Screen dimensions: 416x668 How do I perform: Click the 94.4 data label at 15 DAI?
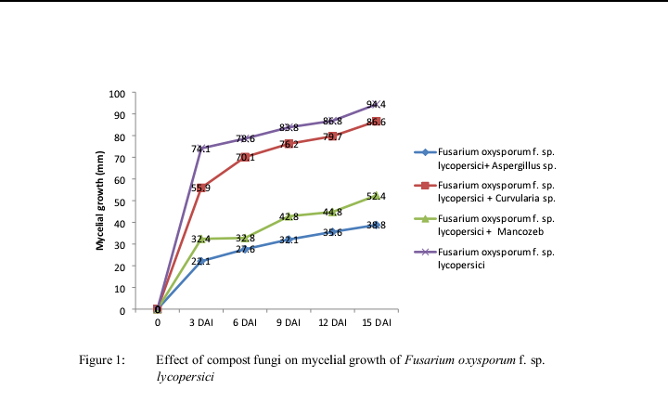(x=376, y=104)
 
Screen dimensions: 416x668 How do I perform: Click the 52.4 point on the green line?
(x=376, y=196)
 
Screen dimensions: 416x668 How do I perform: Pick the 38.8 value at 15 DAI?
(x=376, y=225)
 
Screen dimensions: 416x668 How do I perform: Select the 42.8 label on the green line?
(x=289, y=216)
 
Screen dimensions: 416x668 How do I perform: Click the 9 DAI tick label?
(x=289, y=322)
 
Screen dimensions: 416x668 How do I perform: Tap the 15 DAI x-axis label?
(x=376, y=322)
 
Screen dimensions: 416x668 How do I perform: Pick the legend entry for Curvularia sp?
(x=495, y=191)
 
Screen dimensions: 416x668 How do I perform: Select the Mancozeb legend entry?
(x=495, y=224)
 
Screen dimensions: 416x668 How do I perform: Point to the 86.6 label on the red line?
(x=376, y=122)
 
